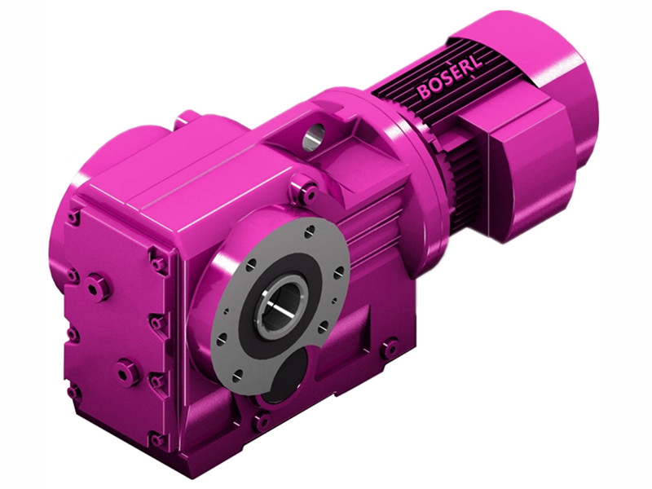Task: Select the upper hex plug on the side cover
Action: [x=99, y=286]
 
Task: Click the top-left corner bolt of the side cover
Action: [x=74, y=218]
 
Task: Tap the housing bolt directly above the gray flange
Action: [x=306, y=194]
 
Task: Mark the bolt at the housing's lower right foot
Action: [x=390, y=348]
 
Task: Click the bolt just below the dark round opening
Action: [x=261, y=421]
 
